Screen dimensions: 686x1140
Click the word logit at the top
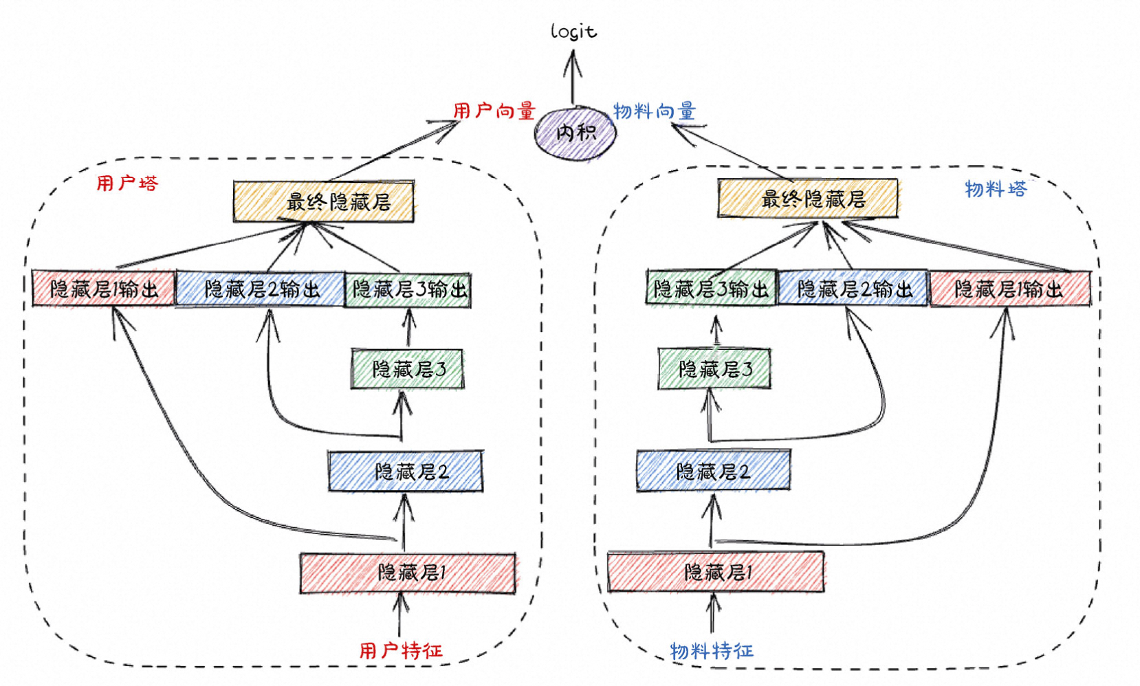click(x=573, y=32)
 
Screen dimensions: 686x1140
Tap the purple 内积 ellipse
click(x=575, y=133)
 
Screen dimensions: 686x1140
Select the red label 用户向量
click(x=494, y=111)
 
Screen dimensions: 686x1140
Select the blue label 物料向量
click(x=654, y=111)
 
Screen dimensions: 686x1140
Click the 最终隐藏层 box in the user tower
click(x=324, y=201)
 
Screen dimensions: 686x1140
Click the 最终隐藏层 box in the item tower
click(x=808, y=199)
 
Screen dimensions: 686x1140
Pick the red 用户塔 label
click(x=127, y=183)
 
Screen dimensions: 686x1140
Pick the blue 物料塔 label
click(x=995, y=189)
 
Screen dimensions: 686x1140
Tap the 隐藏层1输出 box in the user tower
click(x=103, y=289)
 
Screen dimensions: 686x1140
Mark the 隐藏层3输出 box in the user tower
click(x=408, y=289)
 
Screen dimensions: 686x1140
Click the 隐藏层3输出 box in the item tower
click(x=711, y=288)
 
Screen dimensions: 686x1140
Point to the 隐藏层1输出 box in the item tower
click(x=1010, y=289)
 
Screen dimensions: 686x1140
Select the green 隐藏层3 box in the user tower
click(x=408, y=370)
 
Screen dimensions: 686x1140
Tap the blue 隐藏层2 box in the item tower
click(x=713, y=471)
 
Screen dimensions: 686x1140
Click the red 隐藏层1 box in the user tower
click(x=408, y=572)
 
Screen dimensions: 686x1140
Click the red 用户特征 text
click(x=401, y=650)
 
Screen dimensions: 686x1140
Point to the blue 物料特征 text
click(x=712, y=650)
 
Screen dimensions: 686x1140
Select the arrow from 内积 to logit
click(x=573, y=79)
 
